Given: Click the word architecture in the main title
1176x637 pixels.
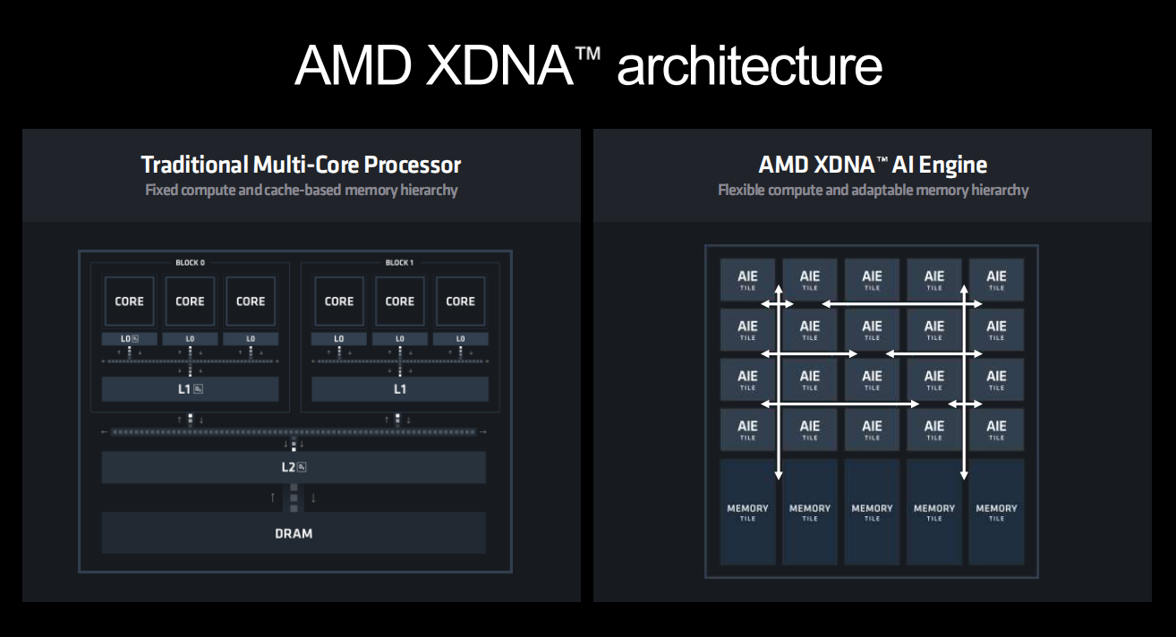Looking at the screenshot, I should coord(749,65).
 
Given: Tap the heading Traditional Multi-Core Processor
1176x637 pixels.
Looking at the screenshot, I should coord(301,165).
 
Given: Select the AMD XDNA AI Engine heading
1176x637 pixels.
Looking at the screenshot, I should coord(873,165).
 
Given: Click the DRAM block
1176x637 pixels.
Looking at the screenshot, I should coord(294,533).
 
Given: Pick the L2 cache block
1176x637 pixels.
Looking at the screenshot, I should coord(294,467).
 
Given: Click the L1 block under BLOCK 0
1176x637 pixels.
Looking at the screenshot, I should coord(190,389).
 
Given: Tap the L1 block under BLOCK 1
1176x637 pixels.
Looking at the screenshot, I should coord(400,389).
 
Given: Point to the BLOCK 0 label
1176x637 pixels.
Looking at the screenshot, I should coord(190,263).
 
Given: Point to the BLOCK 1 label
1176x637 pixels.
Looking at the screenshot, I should coord(399,263).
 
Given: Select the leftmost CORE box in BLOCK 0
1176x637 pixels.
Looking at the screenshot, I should coord(129,302).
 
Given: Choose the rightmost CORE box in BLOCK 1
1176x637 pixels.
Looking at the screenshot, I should coord(460,302).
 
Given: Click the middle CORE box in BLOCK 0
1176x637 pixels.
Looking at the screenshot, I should coord(190,302).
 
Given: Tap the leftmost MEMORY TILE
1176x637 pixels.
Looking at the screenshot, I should coord(747,512).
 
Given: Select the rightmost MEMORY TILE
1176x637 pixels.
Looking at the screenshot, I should coord(996,512).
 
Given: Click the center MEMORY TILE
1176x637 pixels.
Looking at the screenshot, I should coord(872,512).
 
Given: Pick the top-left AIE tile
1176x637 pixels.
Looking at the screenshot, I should coord(747,280).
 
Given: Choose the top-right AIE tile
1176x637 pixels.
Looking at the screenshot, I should coord(996,280).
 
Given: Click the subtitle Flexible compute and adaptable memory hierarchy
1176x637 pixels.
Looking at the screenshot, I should coord(873,190).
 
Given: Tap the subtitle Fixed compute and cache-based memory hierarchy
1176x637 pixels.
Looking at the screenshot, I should coord(301,190).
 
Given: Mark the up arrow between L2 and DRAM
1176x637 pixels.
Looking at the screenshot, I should coord(273,497).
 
